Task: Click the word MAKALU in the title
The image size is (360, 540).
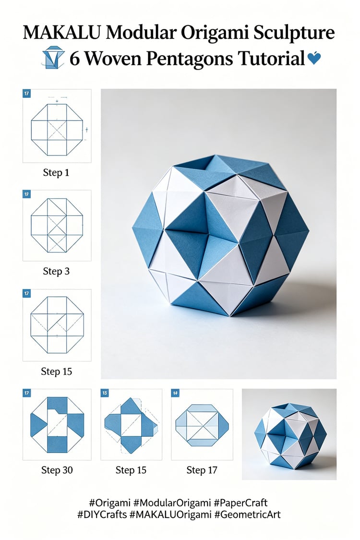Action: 62,33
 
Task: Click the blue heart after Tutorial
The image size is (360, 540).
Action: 314,58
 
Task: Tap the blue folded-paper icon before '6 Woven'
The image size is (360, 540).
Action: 53,57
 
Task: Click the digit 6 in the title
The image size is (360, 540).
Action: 75,59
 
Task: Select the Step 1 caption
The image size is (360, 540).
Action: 56,172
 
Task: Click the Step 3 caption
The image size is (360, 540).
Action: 56,271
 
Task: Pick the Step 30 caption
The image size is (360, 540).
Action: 57,470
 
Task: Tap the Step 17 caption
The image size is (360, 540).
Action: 202,470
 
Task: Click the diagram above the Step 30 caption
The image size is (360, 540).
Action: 57,425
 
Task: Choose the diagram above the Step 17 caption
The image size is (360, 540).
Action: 202,425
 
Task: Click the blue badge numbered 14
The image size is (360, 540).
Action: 175,393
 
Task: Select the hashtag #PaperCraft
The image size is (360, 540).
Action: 240,503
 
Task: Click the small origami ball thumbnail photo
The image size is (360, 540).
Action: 289,434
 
